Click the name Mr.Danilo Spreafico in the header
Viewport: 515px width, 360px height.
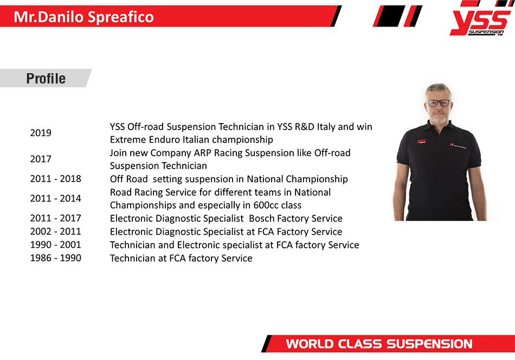(x=83, y=17)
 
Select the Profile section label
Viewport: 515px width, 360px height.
(x=46, y=79)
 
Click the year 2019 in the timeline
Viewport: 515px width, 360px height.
(x=41, y=133)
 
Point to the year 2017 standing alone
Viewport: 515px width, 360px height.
(x=41, y=159)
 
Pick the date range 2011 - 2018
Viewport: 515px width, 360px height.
(x=55, y=179)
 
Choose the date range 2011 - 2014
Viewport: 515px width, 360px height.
(x=55, y=198)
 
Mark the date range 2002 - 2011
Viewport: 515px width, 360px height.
(x=55, y=232)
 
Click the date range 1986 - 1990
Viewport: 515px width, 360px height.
(x=55, y=258)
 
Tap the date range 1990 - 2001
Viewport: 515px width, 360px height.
(x=55, y=245)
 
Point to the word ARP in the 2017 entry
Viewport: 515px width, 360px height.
(x=202, y=153)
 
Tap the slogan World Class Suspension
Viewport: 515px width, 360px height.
(x=379, y=344)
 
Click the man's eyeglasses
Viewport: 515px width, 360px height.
(x=439, y=103)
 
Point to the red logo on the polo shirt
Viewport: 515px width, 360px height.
(x=421, y=142)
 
